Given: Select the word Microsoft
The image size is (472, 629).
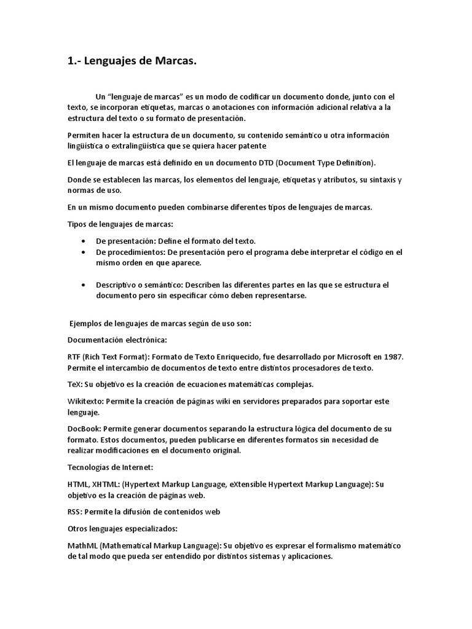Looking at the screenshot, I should (x=347, y=357).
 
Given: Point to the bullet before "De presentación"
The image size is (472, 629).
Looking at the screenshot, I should (x=83, y=241).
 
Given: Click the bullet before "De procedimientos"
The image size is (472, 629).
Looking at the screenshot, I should (x=83, y=252).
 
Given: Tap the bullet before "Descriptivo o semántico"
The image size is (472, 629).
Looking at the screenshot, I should (x=83, y=285).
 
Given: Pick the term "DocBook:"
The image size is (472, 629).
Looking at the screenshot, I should (x=84, y=429).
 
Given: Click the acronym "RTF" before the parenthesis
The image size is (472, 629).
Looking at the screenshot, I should (x=74, y=357).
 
